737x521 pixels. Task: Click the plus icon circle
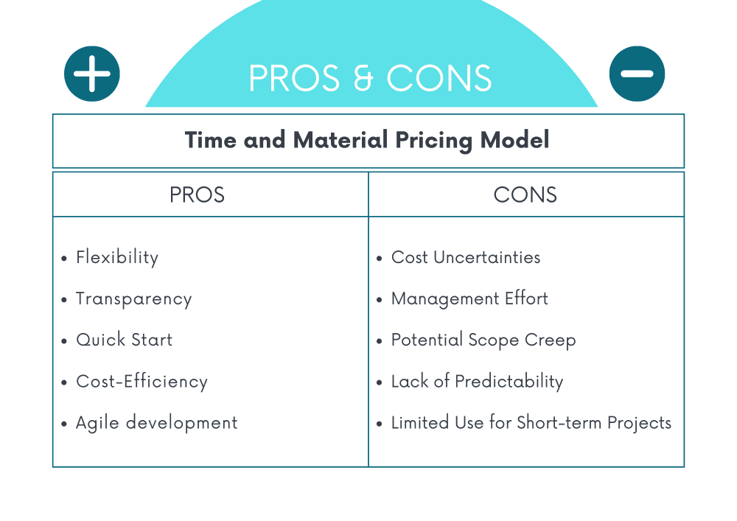92,74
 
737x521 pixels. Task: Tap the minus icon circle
637,74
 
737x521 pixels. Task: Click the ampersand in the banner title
363,78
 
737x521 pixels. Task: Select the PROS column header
197,195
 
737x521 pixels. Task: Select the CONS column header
525,195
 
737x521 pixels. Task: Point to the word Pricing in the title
433,141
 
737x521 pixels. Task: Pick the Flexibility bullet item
117,257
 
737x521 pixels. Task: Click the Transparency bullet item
134,299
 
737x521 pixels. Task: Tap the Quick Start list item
124,340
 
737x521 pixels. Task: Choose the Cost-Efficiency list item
142,382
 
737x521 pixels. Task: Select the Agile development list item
156,423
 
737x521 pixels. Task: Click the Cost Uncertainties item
466,257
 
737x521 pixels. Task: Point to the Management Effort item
469,299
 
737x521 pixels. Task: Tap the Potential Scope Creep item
483,340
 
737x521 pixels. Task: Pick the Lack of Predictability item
477,382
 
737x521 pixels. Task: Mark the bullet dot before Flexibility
64,258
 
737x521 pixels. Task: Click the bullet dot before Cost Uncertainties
380,258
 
